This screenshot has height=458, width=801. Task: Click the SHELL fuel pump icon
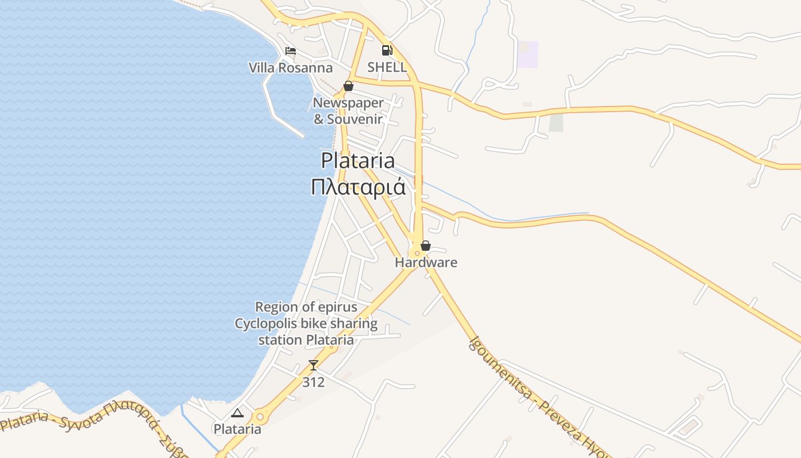click(x=387, y=50)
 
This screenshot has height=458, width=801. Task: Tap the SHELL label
click(x=387, y=67)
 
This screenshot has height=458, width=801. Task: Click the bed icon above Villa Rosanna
click(x=291, y=51)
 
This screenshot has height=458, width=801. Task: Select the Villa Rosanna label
click(x=290, y=68)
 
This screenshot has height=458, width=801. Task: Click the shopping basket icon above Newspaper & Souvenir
click(x=348, y=86)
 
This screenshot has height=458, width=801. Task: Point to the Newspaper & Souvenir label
click(x=348, y=111)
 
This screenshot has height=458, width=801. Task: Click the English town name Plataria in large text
click(x=358, y=160)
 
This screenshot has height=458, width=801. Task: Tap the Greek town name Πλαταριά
click(x=358, y=187)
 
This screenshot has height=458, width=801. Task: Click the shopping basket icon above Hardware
click(x=426, y=246)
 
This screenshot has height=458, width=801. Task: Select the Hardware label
click(x=426, y=263)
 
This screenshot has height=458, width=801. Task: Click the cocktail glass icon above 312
click(x=313, y=365)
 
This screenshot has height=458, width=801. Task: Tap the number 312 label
click(x=313, y=382)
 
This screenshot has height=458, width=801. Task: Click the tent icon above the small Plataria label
click(x=237, y=412)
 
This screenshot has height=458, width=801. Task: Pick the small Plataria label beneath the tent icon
click(x=237, y=429)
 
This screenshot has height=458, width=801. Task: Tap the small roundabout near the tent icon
click(x=261, y=417)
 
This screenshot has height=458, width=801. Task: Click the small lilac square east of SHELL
click(x=528, y=54)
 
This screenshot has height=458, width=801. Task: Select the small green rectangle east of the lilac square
click(x=556, y=123)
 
